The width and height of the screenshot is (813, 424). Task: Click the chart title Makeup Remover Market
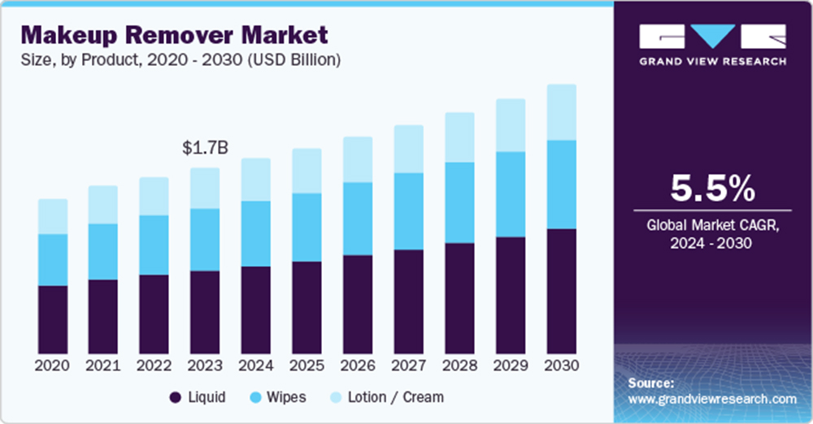point(175,35)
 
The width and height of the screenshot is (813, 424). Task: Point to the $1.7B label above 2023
point(205,148)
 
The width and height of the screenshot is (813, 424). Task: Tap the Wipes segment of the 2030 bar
point(561,184)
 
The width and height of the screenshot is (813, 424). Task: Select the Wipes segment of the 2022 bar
point(154,244)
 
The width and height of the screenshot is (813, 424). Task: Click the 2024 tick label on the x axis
point(256,366)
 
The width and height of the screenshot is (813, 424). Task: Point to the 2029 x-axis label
point(511,366)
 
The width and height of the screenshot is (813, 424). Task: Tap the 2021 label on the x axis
point(103,366)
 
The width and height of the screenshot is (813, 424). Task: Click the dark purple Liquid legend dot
point(175,397)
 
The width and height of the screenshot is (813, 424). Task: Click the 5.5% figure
point(712,189)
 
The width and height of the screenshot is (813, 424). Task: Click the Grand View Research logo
point(712,45)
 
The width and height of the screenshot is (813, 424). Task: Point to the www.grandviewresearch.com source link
point(712,399)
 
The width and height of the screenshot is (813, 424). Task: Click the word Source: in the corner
point(651,383)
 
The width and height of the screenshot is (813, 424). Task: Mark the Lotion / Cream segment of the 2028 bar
point(459,137)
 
